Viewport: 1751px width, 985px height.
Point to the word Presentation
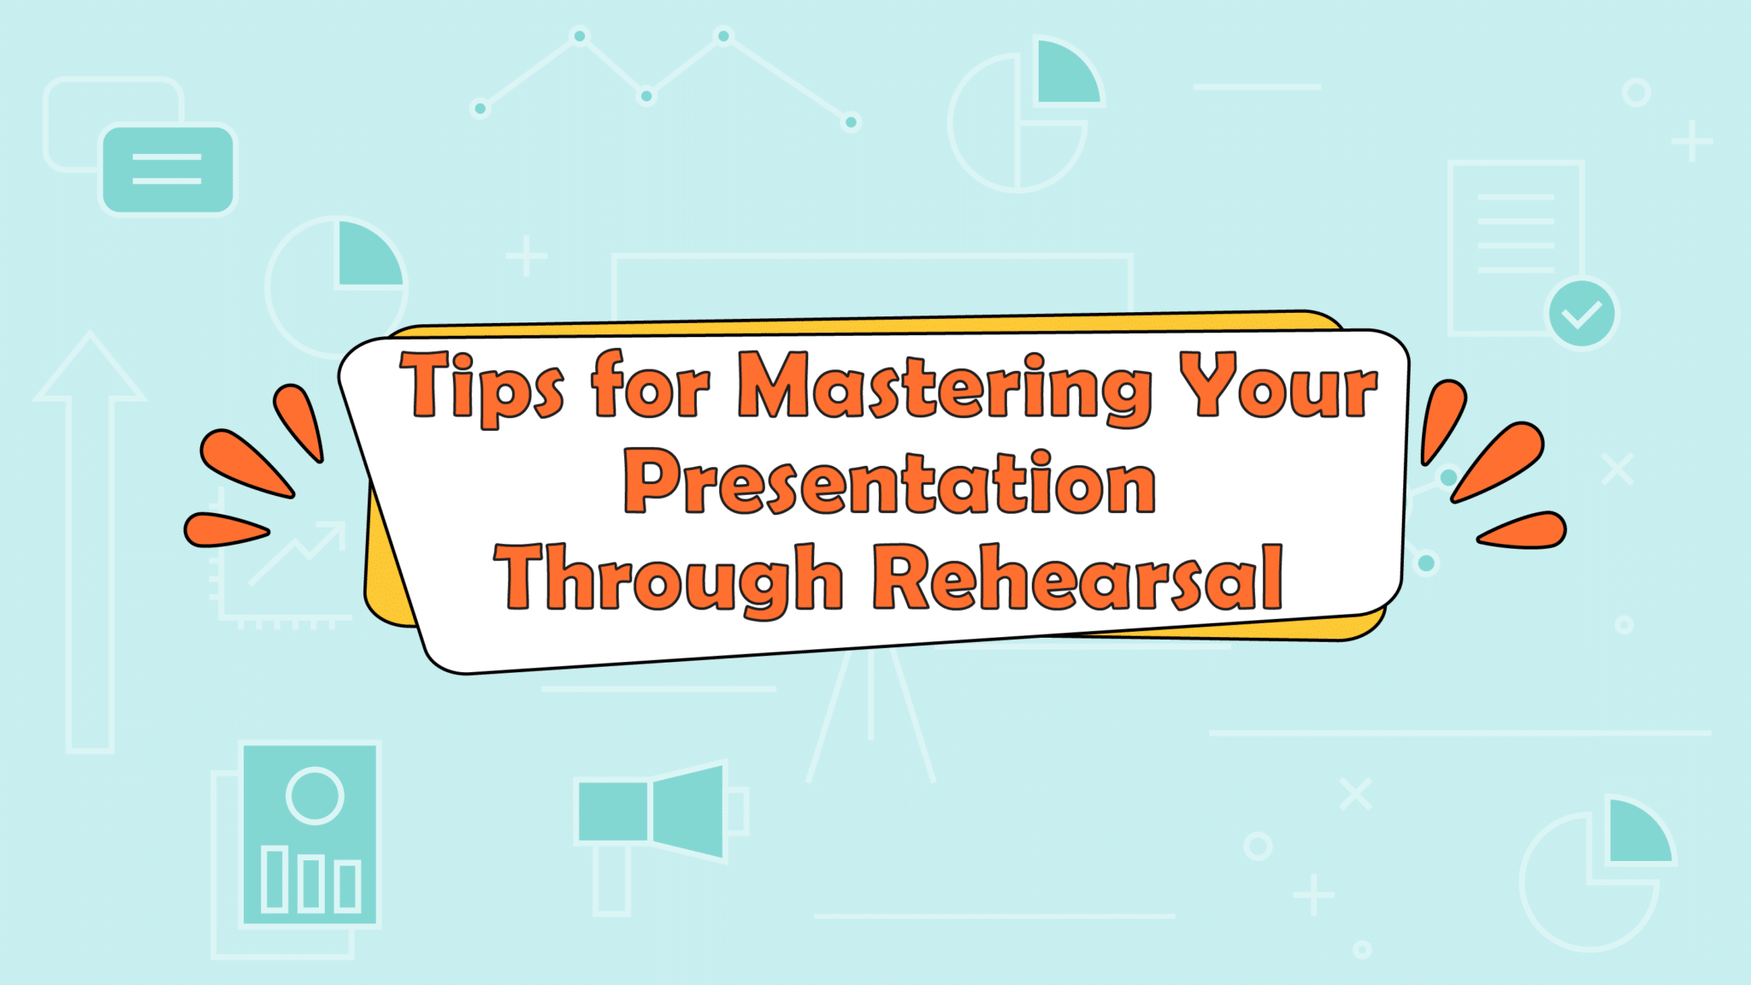point(889,483)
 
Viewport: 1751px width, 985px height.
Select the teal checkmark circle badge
point(1582,314)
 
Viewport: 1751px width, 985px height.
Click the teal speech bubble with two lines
point(168,169)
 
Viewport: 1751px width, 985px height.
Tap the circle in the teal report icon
point(315,795)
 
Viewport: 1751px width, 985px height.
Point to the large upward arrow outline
point(90,547)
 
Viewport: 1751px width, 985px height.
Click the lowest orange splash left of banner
point(224,529)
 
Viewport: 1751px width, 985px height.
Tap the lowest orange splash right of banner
point(1524,530)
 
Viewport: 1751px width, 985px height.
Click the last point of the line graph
point(851,122)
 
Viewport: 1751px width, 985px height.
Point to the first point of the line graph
point(480,109)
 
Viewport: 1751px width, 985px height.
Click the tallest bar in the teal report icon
point(274,878)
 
